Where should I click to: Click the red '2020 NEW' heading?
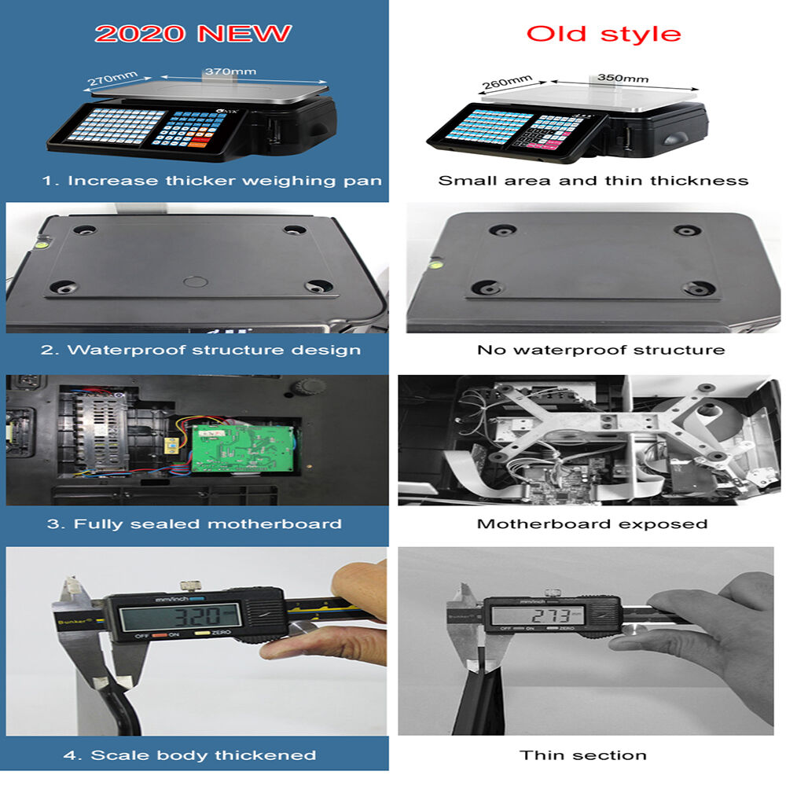(x=193, y=34)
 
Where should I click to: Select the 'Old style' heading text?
(x=604, y=34)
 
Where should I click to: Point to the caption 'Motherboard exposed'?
(x=592, y=523)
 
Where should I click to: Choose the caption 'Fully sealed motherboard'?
(x=194, y=523)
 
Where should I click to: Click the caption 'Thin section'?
(x=583, y=755)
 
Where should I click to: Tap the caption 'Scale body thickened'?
(x=189, y=755)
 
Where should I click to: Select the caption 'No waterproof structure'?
(x=601, y=350)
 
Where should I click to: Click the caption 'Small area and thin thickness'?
(x=593, y=181)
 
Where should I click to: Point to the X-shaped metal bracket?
(x=597, y=428)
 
